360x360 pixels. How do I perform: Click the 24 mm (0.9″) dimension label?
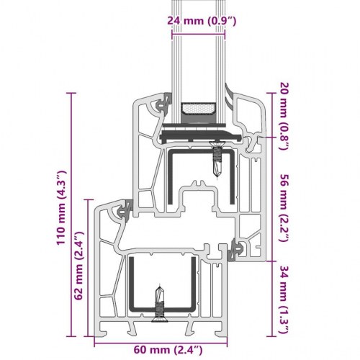[202, 21]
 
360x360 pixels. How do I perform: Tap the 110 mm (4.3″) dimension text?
[61, 208]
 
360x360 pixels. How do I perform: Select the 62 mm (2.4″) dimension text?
[78, 266]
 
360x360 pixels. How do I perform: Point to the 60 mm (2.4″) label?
[168, 350]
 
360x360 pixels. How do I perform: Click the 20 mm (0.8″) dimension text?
[284, 116]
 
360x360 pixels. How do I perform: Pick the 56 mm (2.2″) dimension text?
[284, 208]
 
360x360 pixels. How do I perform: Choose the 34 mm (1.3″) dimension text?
[284, 300]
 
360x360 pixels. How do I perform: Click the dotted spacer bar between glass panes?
[199, 109]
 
